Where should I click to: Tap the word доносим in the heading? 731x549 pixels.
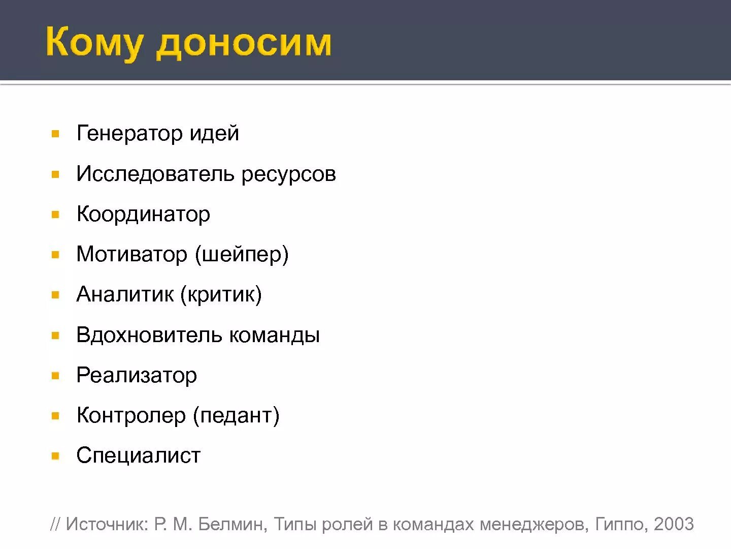[244, 44]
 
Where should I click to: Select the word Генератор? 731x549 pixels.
[129, 133]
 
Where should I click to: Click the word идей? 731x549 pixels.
[214, 133]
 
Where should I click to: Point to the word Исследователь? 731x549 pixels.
[155, 174]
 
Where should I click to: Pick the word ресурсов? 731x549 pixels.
[288, 174]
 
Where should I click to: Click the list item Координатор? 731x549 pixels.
[143, 214]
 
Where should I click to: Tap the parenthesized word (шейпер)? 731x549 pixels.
[242, 254]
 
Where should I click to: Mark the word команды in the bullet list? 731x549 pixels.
[275, 335]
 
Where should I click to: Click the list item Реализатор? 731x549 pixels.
[137, 375]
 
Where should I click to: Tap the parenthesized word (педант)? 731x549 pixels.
[236, 415]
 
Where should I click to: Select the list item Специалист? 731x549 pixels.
[139, 455]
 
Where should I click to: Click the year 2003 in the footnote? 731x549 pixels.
[674, 524]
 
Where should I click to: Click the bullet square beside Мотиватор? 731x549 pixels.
[56, 255]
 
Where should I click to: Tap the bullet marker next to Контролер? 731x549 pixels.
[56, 416]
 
